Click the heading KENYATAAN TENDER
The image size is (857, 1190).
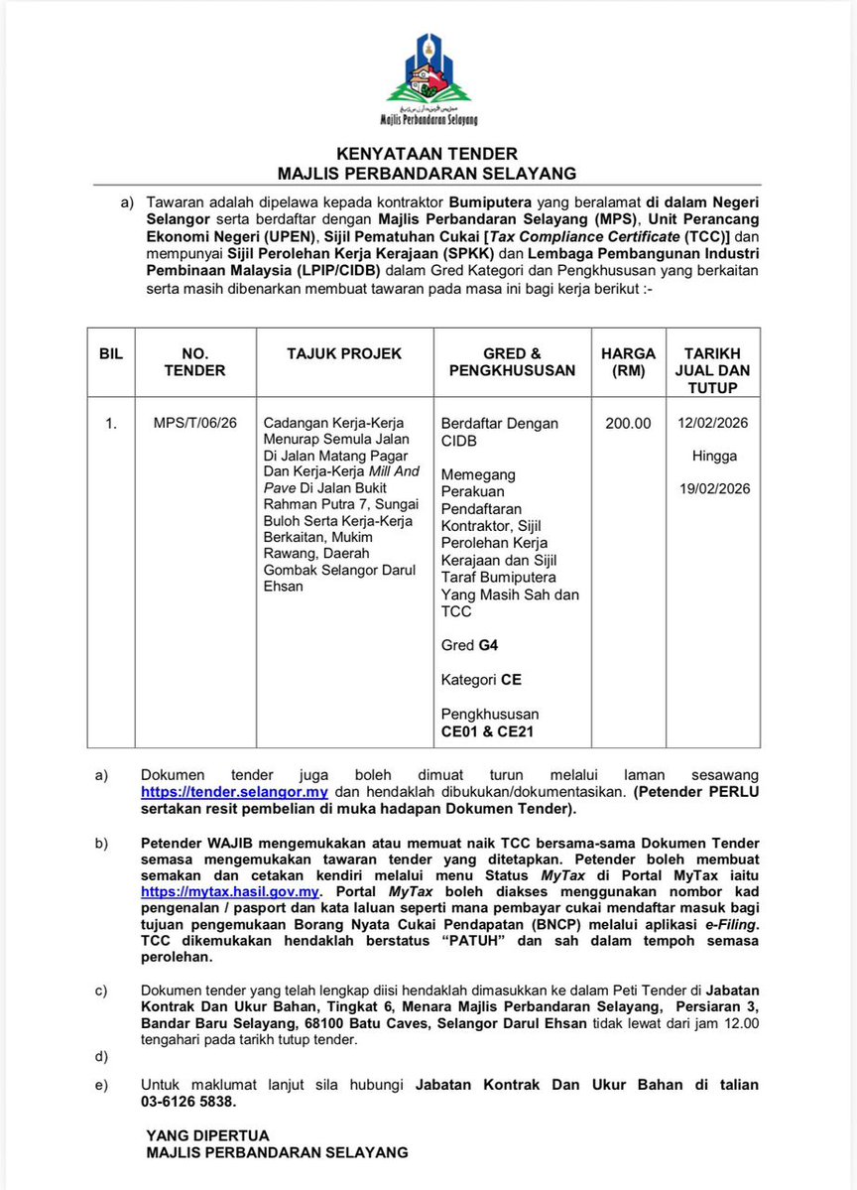pos(427,154)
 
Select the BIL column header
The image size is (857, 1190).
pos(111,353)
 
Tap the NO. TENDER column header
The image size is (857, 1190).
pos(195,361)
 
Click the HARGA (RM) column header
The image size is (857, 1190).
pos(628,361)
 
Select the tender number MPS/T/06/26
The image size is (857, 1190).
pos(195,423)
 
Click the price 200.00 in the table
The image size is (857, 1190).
pos(628,423)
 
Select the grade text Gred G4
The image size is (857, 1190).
pos(469,645)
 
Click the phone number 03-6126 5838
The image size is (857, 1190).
pos(192,1102)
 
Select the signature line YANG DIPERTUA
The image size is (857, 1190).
pos(207,1135)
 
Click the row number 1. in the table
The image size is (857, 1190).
pos(111,423)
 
